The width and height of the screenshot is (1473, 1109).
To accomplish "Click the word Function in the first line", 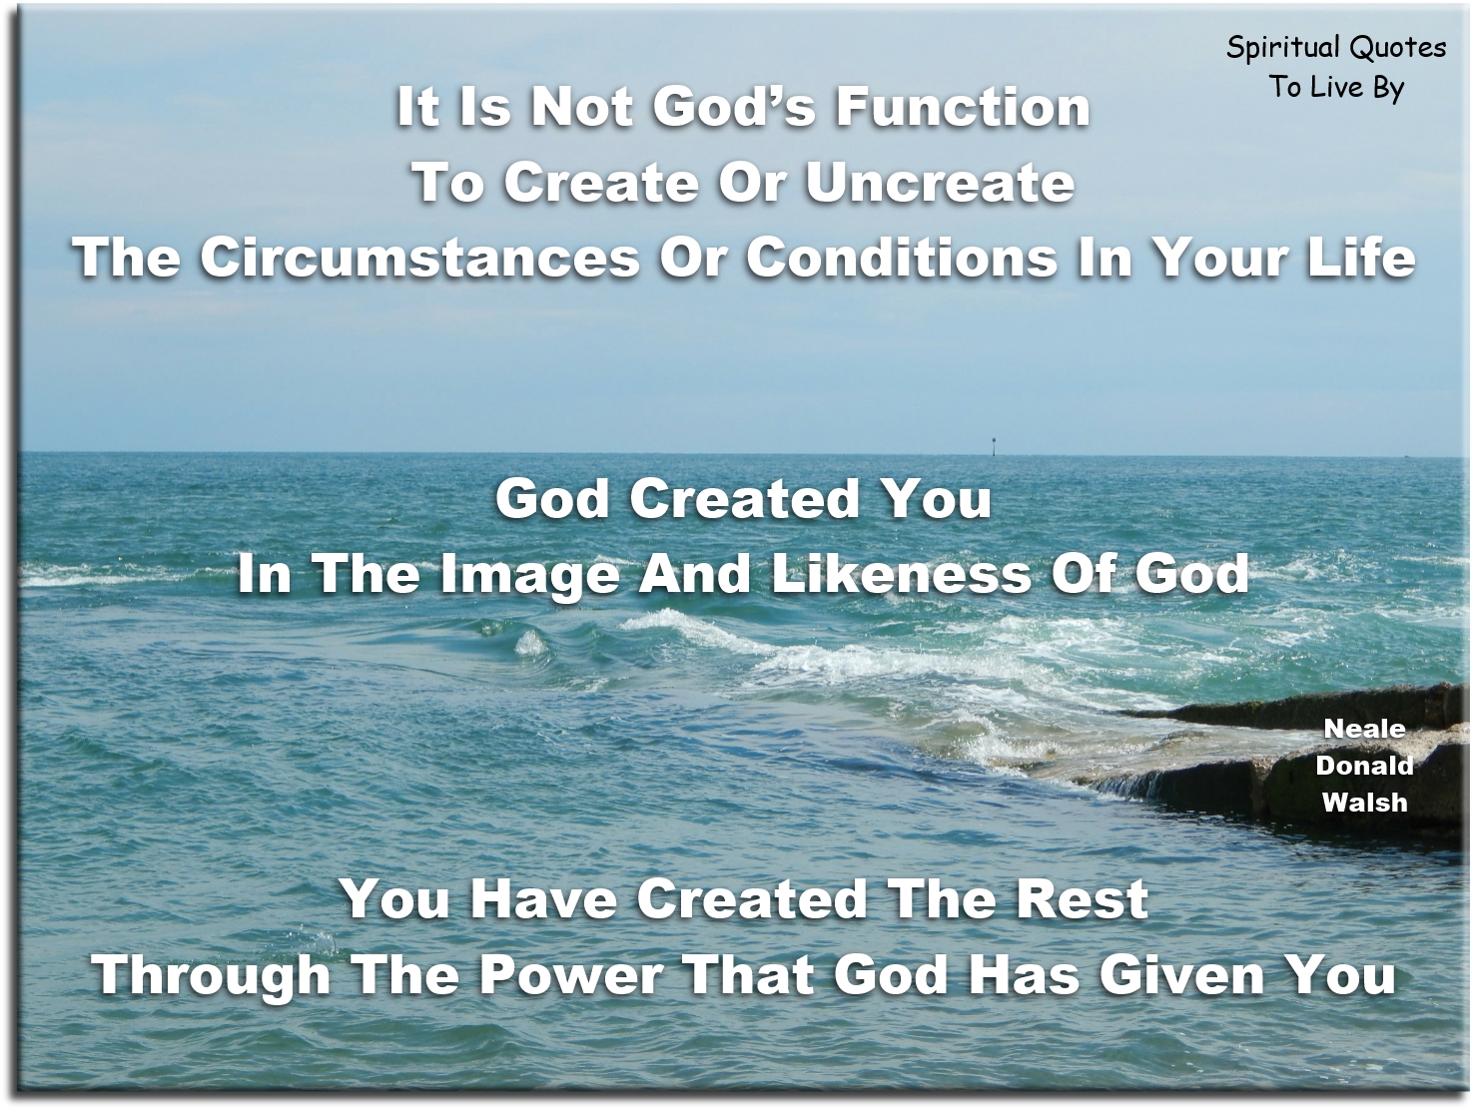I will click(963, 107).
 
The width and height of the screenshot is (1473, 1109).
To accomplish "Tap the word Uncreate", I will click(940, 182).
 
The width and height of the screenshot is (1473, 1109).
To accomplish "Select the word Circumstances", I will click(419, 258).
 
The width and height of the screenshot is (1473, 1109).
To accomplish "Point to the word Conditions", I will click(902, 258).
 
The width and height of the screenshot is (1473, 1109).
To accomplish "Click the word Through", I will click(212, 975).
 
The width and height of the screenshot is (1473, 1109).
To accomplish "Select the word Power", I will click(571, 975).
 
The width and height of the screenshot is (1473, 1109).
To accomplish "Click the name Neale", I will click(1364, 729).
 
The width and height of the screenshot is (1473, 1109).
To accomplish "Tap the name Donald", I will click(1364, 766).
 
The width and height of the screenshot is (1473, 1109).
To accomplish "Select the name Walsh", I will click(1364, 802).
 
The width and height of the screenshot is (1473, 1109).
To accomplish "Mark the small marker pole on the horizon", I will click(995, 446).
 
